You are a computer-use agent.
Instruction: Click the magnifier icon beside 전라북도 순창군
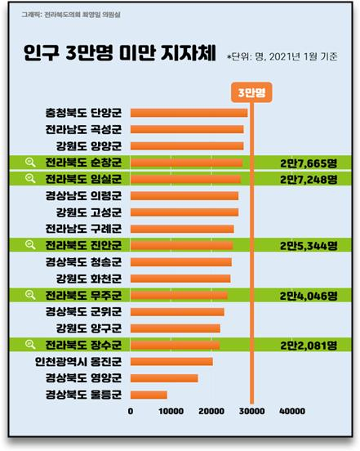(31, 163)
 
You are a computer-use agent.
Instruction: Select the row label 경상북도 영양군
(83, 378)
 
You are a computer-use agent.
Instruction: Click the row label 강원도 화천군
(83, 279)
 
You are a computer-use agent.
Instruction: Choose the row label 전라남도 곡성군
(83, 129)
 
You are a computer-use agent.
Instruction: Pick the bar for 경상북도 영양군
(164, 378)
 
